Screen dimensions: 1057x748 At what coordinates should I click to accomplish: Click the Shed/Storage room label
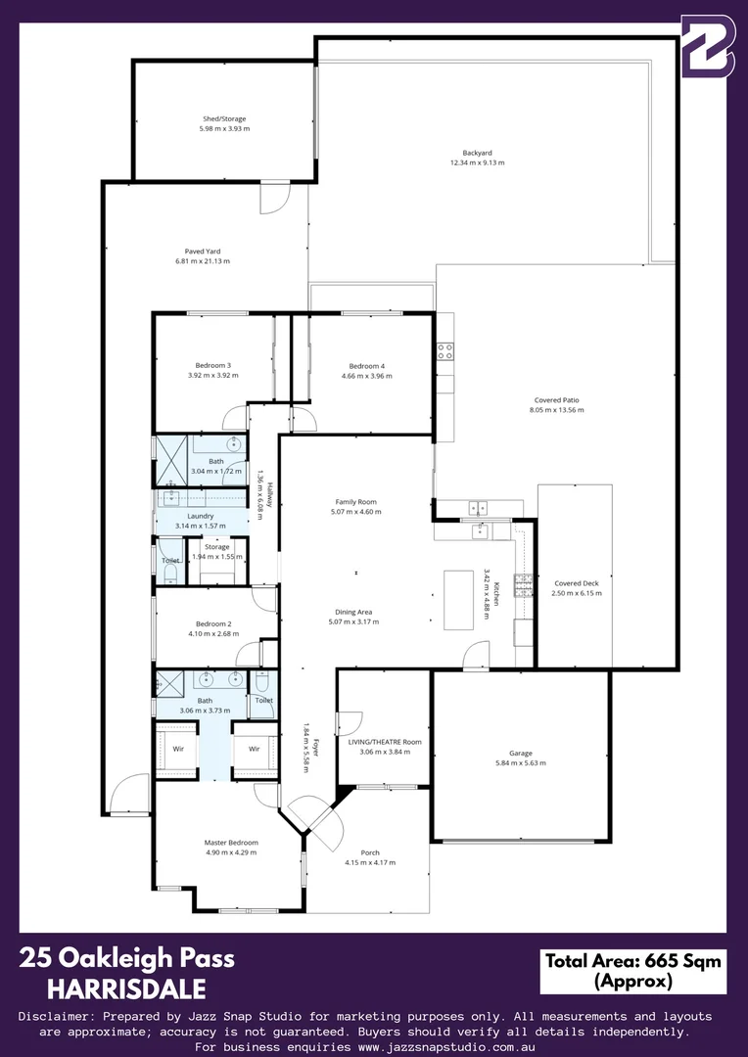(224, 119)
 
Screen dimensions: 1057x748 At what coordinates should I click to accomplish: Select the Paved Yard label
(202, 252)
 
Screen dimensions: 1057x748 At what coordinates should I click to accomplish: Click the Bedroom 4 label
(367, 366)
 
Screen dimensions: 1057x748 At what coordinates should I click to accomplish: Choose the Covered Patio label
(556, 400)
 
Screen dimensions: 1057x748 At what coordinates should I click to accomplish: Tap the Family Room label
(355, 501)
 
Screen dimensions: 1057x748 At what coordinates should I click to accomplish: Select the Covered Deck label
(576, 583)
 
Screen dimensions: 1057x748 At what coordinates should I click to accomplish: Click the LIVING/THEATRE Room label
(384, 742)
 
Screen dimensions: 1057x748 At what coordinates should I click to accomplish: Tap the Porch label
(370, 852)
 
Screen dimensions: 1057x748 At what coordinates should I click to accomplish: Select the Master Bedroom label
(231, 842)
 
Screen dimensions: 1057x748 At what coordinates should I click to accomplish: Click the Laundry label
(200, 516)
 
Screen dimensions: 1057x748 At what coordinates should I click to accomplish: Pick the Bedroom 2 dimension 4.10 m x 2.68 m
(212, 633)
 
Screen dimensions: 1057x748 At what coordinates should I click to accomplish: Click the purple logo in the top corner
(707, 46)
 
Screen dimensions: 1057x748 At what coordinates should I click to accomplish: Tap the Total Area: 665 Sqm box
(632, 970)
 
